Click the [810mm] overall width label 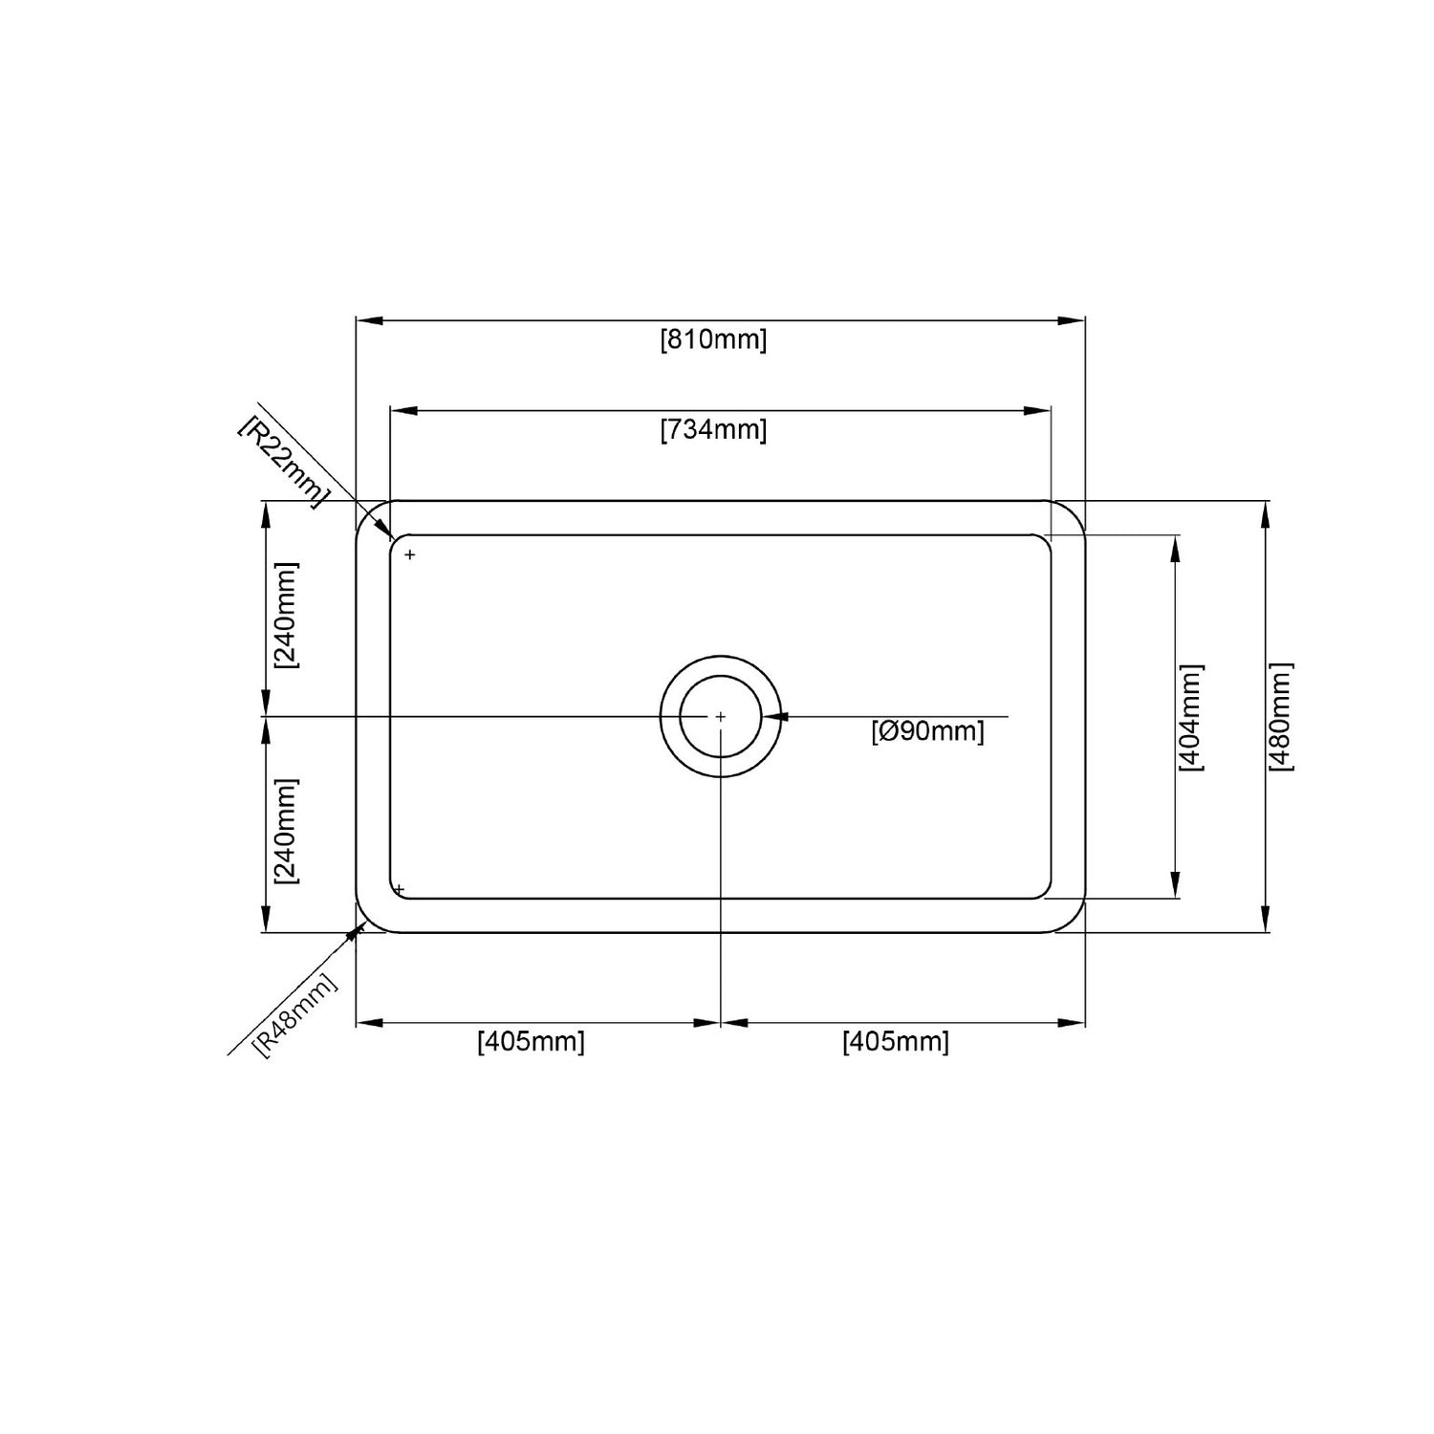[713, 340]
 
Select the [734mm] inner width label [713, 430]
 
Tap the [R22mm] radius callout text [283, 461]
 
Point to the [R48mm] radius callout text [295, 1014]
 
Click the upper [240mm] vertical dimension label [286, 614]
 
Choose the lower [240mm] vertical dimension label [286, 830]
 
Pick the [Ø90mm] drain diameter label [927, 732]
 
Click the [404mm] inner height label [1191, 717]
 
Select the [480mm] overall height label [1280, 717]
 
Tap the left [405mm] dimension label [531, 1041]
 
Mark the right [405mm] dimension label [896, 1041]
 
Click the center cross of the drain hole [720, 716]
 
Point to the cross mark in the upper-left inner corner [410, 554]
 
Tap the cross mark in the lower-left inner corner [400, 890]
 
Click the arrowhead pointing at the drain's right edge [776, 716]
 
